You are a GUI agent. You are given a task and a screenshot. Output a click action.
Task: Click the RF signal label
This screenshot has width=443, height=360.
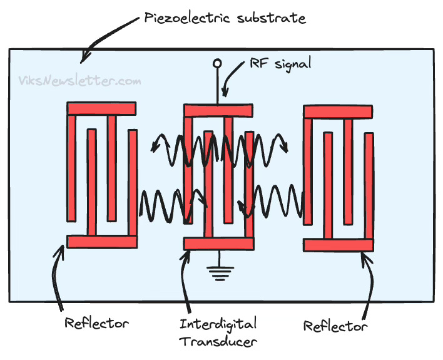coord(280,63)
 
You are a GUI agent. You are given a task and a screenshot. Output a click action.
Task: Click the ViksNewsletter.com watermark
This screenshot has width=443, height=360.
coord(79,80)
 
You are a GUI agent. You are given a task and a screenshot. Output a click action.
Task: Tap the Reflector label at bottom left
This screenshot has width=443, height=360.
coord(96,324)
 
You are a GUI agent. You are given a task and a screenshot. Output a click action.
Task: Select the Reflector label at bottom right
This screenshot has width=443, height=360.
coord(335,326)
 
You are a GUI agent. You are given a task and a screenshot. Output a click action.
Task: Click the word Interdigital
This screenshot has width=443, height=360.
coord(218,324)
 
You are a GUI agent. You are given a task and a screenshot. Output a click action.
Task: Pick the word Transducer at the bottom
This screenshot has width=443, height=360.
coord(216,342)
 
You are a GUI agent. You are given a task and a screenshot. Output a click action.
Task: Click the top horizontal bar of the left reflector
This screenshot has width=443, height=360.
coord(101,108)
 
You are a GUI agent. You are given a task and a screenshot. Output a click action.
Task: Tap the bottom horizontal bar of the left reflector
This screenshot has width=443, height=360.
coord(101,241)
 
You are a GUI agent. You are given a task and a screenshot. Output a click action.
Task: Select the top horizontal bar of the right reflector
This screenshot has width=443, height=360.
coord(338,111)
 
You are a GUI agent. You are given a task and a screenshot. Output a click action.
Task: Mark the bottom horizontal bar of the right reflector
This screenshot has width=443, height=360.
coord(338,245)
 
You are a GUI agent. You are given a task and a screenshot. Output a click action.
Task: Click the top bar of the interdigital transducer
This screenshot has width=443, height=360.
coord(218,111)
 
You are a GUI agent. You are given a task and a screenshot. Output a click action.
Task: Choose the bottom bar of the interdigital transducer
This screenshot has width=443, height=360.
coord(218,243)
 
